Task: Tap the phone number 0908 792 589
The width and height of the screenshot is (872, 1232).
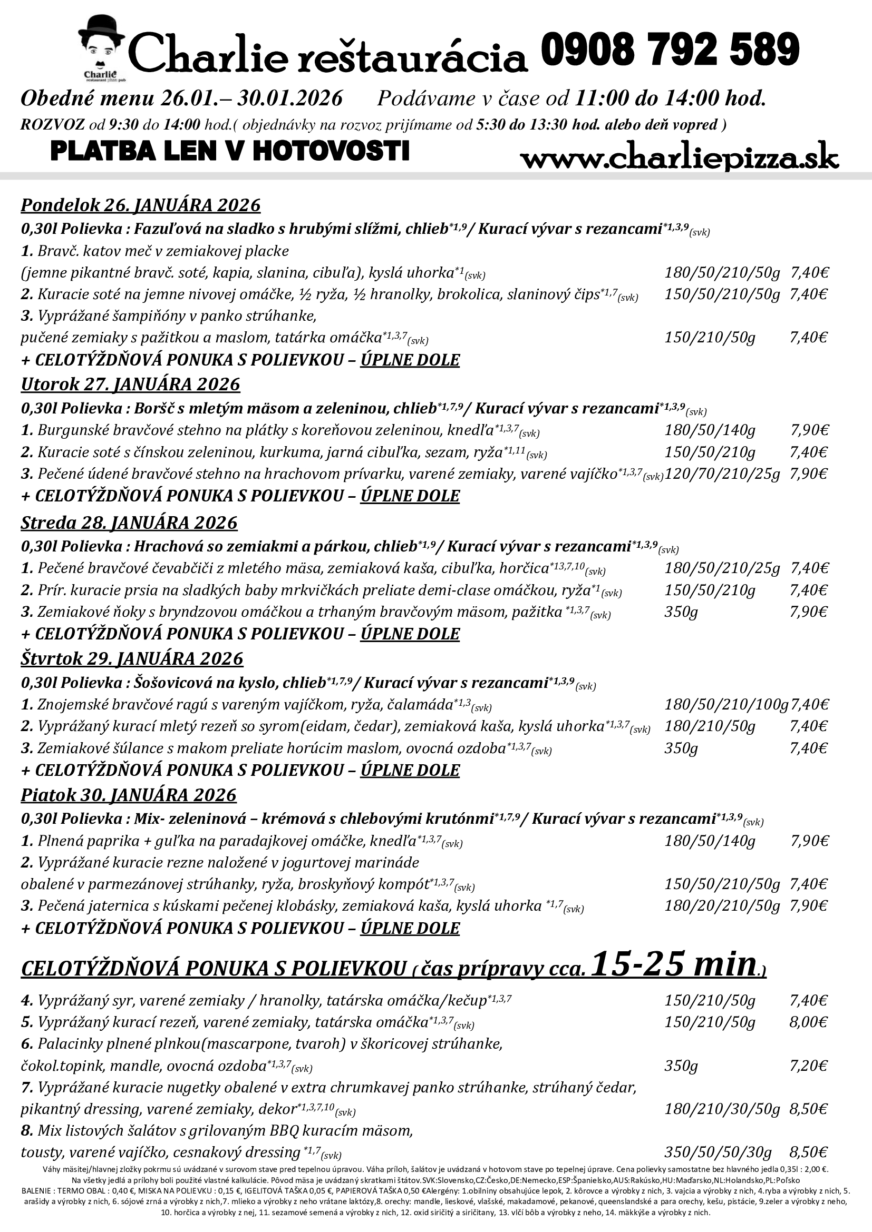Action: pos(670,50)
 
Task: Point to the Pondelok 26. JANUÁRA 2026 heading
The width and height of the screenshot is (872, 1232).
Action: pos(141,205)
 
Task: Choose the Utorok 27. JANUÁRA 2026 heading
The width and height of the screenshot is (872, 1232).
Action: pos(130,384)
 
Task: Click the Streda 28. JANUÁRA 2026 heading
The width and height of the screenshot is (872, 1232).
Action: pos(129,522)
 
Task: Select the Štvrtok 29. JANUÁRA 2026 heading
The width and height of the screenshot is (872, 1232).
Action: pos(132,658)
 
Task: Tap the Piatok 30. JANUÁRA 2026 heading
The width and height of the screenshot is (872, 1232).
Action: pos(129,795)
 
